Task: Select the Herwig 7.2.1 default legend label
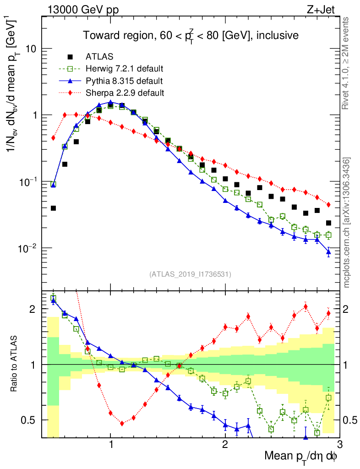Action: click(125, 69)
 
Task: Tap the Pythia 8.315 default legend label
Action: click(124, 81)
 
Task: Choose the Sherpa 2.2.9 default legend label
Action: click(125, 93)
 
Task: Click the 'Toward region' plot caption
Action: click(191, 35)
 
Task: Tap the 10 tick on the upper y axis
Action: click(30, 49)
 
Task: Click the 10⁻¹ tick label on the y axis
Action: click(28, 182)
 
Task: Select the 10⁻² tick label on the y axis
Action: click(28, 248)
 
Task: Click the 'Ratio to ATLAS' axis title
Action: click(15, 365)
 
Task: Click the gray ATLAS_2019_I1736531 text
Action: click(190, 274)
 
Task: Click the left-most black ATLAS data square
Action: click(53, 208)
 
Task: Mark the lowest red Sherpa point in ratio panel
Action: click(122, 424)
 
